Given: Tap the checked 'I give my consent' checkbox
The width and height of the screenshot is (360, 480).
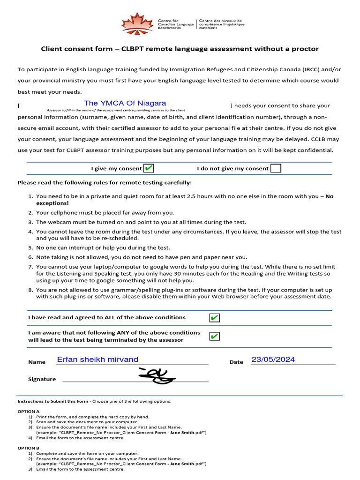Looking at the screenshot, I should click(149, 168).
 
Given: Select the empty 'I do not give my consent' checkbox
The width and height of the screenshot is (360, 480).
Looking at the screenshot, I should click(276, 168).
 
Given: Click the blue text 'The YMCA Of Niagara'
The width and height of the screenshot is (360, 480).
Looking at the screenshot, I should click(125, 103).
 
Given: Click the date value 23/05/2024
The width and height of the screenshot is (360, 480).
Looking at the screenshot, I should click(273, 360).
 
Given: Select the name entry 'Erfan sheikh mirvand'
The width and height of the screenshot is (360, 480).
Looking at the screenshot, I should click(97, 360).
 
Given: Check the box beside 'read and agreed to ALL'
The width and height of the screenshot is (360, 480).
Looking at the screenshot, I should click(214, 318).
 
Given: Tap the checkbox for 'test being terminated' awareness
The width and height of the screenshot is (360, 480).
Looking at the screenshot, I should click(214, 336).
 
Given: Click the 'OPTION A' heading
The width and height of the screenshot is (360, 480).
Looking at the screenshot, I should click(29, 411).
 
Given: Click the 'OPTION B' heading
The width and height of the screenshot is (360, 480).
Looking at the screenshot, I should click(29, 448).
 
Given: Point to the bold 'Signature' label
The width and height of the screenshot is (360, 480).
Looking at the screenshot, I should click(42, 379).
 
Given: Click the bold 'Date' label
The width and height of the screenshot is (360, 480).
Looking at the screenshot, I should click(236, 362).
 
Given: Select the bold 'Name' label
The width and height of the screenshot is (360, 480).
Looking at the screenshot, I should click(37, 362).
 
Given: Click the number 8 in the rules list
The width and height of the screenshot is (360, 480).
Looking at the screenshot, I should click(30, 290).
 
